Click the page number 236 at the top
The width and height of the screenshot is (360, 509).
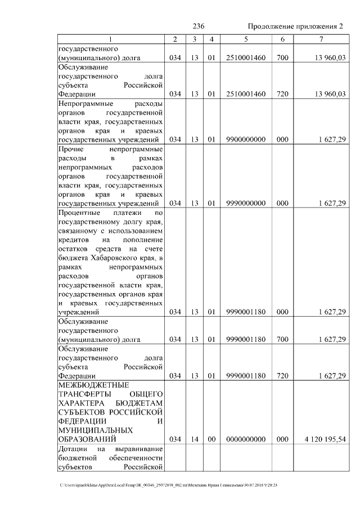198,27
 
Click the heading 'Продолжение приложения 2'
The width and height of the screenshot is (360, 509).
295,27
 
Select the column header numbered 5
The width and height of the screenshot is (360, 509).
245,39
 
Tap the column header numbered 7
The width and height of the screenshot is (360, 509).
321,39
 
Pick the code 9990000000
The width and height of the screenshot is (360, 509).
245,203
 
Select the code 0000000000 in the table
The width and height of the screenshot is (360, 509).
245,439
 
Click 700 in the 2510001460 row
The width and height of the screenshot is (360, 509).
282,58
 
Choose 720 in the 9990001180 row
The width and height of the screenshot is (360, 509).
282,375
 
